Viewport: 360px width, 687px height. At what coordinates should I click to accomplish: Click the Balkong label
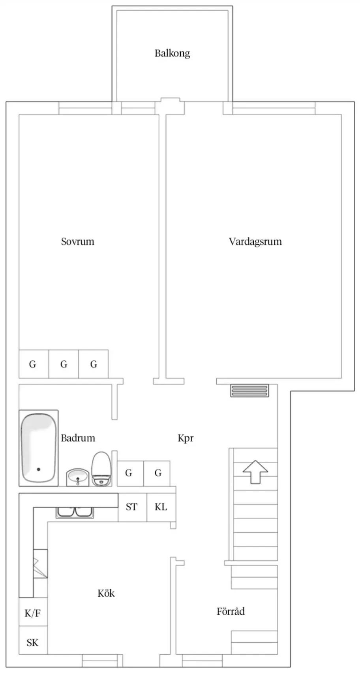pyautogui.click(x=172, y=53)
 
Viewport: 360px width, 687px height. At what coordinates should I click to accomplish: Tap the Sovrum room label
pyautogui.click(x=77, y=241)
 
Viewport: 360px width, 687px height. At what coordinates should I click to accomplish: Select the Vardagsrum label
pyautogui.click(x=255, y=241)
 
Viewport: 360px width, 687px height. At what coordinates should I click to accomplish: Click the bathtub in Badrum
pyautogui.click(x=38, y=448)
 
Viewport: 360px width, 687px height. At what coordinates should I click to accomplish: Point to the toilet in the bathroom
pyautogui.click(x=101, y=468)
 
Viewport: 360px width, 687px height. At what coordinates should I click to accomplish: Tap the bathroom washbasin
pyautogui.click(x=78, y=477)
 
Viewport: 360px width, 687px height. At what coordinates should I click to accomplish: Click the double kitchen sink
pyautogui.click(x=75, y=512)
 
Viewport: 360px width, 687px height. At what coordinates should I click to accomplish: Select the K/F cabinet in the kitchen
pyautogui.click(x=33, y=613)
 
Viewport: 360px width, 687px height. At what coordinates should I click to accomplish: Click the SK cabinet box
pyautogui.click(x=33, y=643)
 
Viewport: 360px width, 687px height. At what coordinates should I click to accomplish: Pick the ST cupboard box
pyautogui.click(x=132, y=507)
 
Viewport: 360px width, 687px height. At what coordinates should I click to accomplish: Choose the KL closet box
pyautogui.click(x=161, y=507)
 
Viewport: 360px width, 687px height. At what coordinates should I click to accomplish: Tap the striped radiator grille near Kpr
pyautogui.click(x=250, y=390)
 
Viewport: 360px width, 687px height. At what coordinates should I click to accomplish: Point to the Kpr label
pyautogui.click(x=186, y=438)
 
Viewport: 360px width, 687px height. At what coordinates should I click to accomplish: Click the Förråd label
pyautogui.click(x=231, y=612)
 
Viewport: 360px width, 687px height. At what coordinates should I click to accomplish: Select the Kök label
pyautogui.click(x=106, y=593)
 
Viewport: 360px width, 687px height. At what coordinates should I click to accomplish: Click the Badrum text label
pyautogui.click(x=78, y=438)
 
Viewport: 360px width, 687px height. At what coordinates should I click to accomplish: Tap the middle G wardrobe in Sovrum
pyautogui.click(x=64, y=364)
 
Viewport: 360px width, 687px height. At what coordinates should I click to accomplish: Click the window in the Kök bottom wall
pyautogui.click(x=100, y=660)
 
